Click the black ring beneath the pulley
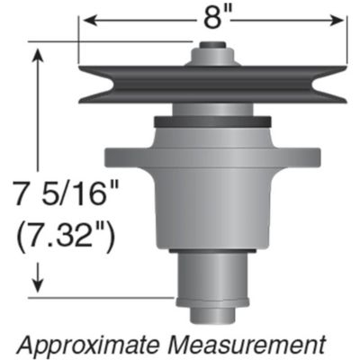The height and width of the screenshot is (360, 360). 213,121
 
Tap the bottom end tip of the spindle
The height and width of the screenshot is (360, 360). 213,314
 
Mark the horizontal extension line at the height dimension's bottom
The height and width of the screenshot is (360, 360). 108,296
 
